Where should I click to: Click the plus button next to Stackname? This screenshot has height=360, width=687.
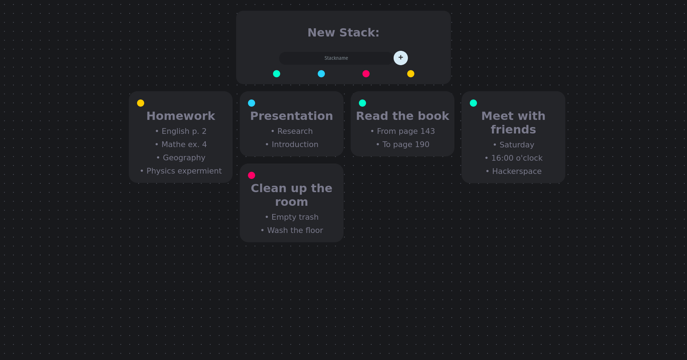click(x=400, y=58)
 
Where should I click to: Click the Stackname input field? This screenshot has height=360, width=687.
click(x=336, y=58)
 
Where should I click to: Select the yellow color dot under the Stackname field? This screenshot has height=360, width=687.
click(x=410, y=74)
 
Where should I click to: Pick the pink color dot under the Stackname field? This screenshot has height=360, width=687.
click(x=366, y=74)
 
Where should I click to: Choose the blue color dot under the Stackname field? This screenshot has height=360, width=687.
click(x=321, y=74)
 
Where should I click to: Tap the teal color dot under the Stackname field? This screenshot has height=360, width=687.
click(x=276, y=74)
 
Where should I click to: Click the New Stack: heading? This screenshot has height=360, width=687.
click(x=343, y=33)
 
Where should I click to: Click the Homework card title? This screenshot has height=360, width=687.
click(x=181, y=116)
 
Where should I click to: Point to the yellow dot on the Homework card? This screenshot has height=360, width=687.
click(x=141, y=103)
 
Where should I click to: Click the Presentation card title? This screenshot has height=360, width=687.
click(x=291, y=116)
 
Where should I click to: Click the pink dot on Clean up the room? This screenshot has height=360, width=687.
click(x=252, y=175)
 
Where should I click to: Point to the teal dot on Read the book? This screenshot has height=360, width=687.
click(x=362, y=103)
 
